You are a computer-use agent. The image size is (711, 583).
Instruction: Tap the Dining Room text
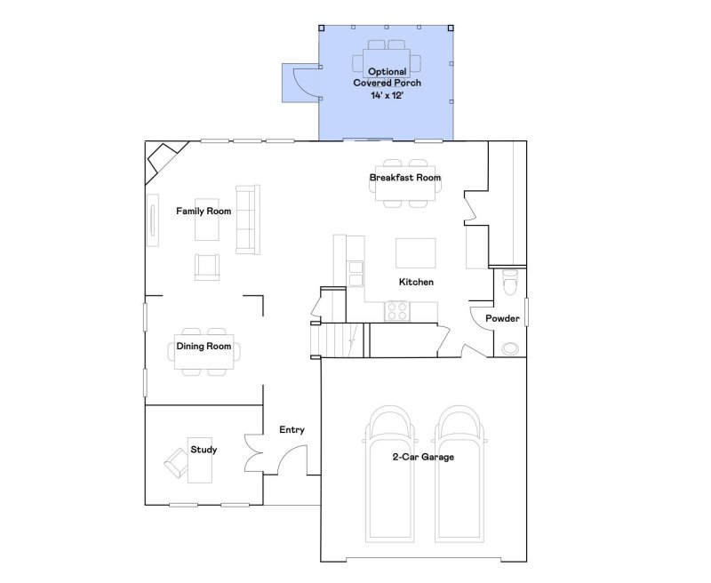pos(204,346)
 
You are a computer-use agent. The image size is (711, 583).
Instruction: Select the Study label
pos(204,450)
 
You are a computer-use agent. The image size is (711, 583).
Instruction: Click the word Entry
pos(292,430)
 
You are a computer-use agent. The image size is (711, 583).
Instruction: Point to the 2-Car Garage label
pos(424,457)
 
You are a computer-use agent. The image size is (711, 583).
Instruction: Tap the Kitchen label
pos(416,282)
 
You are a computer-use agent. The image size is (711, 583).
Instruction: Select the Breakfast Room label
pos(405,178)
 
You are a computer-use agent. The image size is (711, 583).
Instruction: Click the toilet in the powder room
pos(509,284)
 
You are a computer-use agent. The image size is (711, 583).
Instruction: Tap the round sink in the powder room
pos(510,347)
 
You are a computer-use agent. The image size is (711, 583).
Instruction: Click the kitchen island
pos(416,252)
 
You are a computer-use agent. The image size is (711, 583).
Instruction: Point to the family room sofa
pos(245,217)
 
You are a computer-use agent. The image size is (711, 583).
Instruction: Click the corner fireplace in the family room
pos(162,160)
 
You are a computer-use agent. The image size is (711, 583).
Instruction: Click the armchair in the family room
pos(207,267)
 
